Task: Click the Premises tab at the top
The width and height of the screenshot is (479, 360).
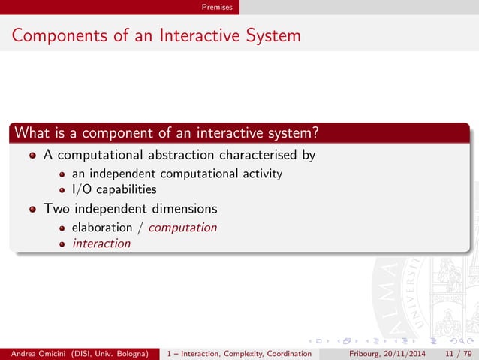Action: click(x=216, y=7)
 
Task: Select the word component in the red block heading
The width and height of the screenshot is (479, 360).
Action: click(x=107, y=133)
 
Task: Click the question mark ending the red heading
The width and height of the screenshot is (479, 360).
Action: click(x=317, y=133)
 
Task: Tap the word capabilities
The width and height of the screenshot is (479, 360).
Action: click(x=127, y=189)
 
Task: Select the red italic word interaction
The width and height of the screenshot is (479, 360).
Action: click(x=101, y=243)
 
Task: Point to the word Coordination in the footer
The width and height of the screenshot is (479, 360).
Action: click(x=283, y=353)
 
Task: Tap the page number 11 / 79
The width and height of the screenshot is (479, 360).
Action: click(x=459, y=353)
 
